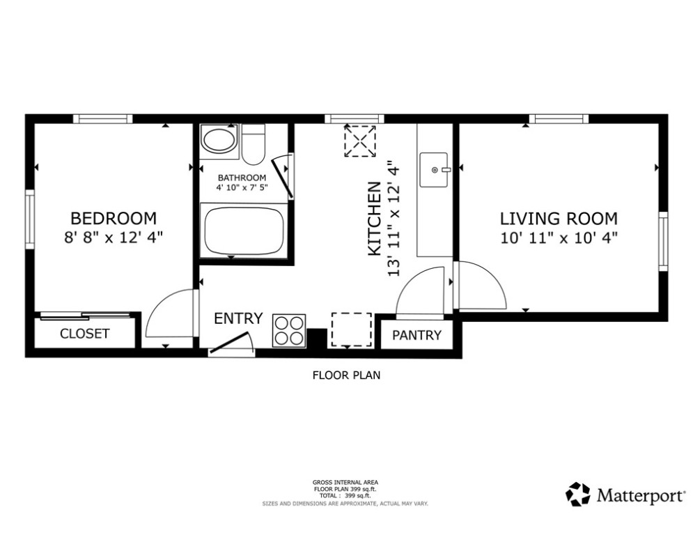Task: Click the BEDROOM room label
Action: [114, 219]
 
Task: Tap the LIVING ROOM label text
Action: [559, 219]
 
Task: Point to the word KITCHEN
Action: [374, 219]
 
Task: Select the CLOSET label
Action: [84, 334]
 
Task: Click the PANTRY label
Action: [416, 335]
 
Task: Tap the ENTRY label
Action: [238, 318]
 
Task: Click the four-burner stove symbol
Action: [290, 330]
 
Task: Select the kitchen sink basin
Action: [434, 170]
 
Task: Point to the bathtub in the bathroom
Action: [244, 230]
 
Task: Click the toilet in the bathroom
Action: [254, 144]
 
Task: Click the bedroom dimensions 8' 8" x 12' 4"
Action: [114, 238]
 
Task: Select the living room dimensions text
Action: [559, 238]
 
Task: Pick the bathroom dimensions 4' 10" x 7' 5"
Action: [242, 187]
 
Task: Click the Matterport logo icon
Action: [578, 495]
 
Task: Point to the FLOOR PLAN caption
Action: [347, 375]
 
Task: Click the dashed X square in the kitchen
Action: [360, 141]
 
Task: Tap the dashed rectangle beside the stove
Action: [352, 329]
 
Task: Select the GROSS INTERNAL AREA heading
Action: [345, 482]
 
